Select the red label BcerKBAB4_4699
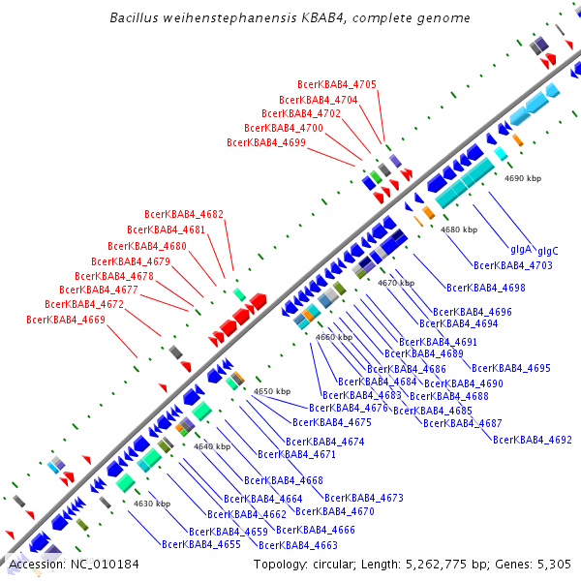tap(266, 142)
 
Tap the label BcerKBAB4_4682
tap(184, 215)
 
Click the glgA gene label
tap(521, 249)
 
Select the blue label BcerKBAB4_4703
tap(512, 265)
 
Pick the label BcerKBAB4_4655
tap(201, 544)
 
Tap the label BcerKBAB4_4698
tap(485, 288)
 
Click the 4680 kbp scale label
tap(459, 229)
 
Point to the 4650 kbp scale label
tap(272, 391)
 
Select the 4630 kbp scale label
tap(152, 504)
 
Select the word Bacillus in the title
tap(135, 17)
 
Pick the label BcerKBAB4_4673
tap(364, 498)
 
